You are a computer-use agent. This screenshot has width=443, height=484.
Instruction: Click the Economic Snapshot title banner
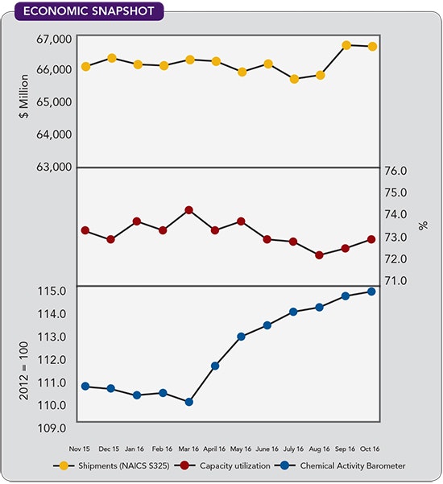(x=84, y=12)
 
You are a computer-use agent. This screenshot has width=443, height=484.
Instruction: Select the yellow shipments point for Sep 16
(x=346, y=45)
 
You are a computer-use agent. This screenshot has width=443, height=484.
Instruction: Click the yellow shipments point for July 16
(x=294, y=79)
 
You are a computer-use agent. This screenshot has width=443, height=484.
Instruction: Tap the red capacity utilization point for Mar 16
(x=189, y=210)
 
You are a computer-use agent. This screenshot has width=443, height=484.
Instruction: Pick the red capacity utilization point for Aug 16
(x=320, y=255)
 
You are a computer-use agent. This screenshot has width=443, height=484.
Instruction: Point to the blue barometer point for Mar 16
(x=189, y=402)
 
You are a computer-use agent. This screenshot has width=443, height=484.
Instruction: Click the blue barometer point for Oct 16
(x=372, y=292)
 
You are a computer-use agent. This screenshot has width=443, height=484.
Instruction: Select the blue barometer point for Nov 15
(x=85, y=387)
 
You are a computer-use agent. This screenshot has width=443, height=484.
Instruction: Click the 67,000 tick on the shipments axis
(x=54, y=38)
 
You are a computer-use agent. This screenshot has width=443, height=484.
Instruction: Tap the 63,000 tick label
(x=54, y=168)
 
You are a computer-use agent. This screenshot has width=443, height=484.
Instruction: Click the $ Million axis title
(x=24, y=93)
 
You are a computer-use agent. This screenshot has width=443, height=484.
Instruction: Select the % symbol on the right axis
(x=424, y=225)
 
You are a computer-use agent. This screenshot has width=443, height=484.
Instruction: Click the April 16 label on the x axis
(x=215, y=448)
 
